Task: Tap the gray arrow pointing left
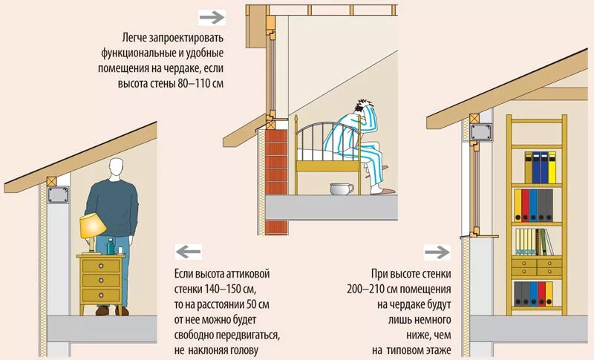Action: coord(188,252)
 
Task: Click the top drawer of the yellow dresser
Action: coord(100,264)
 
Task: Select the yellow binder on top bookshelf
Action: coord(528,167)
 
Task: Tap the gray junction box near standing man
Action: coord(58,196)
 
